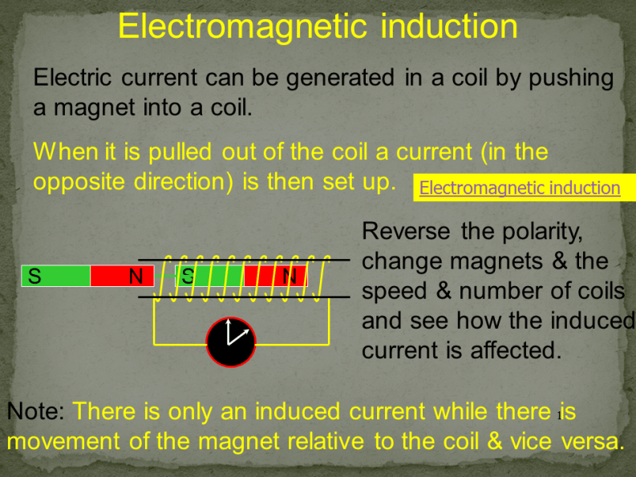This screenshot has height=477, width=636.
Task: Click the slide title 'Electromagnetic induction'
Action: pyautogui.click(x=318, y=26)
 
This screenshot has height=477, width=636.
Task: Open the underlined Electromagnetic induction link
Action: pyautogui.click(x=520, y=188)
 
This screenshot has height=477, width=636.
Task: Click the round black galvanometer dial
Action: pyautogui.click(x=231, y=342)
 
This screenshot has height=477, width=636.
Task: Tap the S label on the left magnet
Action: pyautogui.click(x=34, y=277)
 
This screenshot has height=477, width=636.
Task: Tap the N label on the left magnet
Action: pyautogui.click(x=136, y=277)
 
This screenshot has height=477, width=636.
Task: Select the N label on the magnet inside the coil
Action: pyautogui.click(x=290, y=277)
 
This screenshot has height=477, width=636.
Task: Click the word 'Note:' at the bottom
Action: pyautogui.click(x=35, y=412)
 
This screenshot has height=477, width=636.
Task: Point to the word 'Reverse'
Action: pyautogui.click(x=407, y=232)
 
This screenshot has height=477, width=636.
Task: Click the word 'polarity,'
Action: pyautogui.click(x=543, y=232)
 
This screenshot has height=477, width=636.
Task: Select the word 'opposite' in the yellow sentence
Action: pyautogui.click(x=79, y=181)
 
